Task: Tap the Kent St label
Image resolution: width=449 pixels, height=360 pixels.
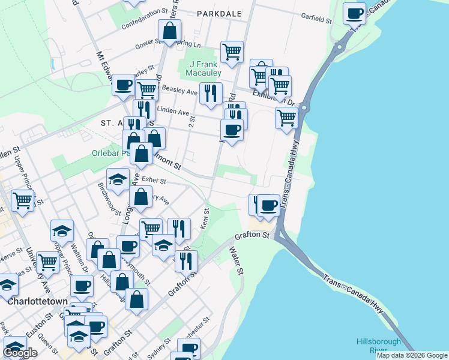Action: pos(205,219)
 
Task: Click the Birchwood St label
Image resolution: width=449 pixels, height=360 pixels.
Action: pos(109,199)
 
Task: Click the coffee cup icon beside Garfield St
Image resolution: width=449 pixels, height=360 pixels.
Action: pos(354,13)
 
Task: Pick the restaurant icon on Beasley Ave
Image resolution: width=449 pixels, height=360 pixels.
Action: pos(210,94)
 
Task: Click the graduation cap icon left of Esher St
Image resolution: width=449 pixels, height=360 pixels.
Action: pos(118,179)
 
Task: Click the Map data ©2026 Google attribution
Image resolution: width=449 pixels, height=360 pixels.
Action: pos(411,355)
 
